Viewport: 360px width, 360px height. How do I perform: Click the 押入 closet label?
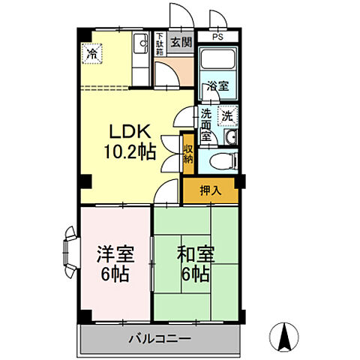pyautogui.click(x=211, y=190)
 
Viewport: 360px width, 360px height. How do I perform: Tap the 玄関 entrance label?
pyautogui.click(x=179, y=42)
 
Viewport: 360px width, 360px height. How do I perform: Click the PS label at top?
pyautogui.click(x=217, y=36)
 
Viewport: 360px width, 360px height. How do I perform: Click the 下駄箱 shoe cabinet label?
pyautogui.click(x=160, y=43)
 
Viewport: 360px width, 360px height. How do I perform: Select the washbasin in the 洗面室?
pyautogui.click(x=230, y=136)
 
